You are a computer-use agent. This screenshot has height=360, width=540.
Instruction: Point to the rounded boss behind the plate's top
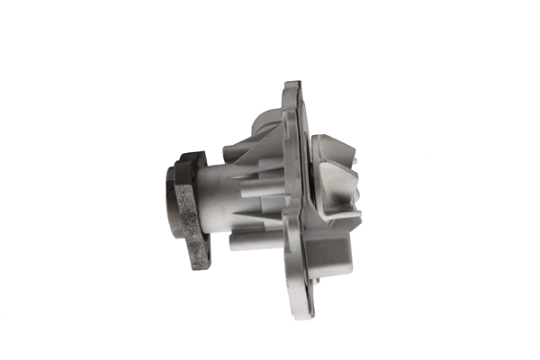266,117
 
